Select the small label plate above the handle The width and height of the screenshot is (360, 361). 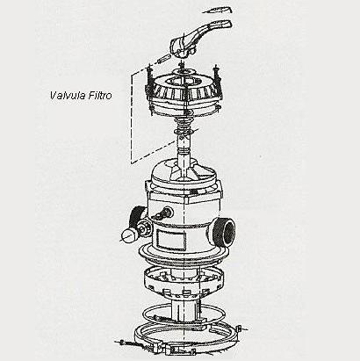(x=218, y=11)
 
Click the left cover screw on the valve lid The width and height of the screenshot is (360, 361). (x=149, y=76)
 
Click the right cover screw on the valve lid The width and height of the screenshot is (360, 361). (x=217, y=75)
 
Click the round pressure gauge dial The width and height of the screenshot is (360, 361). (x=128, y=235)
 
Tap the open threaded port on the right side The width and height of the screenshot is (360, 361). (x=224, y=231)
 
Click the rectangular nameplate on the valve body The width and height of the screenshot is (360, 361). (x=172, y=239)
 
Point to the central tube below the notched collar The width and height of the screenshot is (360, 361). (x=184, y=310)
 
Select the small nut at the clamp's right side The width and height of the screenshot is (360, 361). (x=239, y=329)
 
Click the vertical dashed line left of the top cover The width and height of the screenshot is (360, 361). (x=132, y=119)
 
